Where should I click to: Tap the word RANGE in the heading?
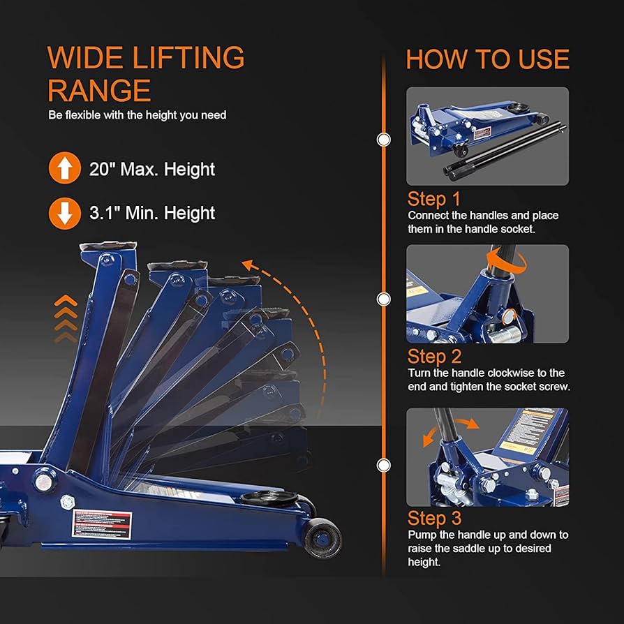(99, 91)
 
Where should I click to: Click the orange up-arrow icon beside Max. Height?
(64, 169)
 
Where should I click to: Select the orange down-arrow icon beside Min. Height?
(64, 213)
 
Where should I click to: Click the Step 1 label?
(434, 198)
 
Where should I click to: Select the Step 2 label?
(434, 357)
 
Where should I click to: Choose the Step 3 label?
(434, 519)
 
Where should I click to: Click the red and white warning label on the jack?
(102, 521)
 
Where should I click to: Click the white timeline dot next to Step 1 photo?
(383, 140)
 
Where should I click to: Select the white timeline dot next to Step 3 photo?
(383, 465)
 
